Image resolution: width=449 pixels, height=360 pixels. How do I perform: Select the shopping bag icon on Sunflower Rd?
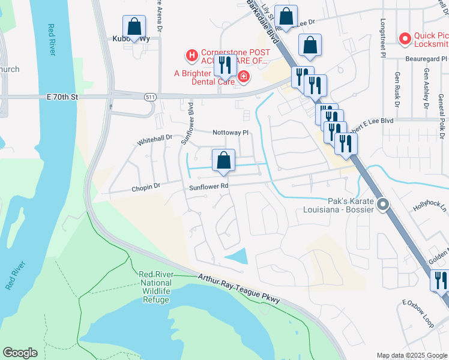(223, 161)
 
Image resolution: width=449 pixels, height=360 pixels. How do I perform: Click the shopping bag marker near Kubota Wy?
(134, 27)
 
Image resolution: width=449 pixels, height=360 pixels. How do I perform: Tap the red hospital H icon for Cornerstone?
(191, 56)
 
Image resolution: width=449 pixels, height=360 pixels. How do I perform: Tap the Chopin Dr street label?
(146, 187)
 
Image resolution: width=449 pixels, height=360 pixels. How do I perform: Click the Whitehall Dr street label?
(155, 139)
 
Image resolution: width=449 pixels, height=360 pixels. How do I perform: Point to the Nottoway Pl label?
(230, 132)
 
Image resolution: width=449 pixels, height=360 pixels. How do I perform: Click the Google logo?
(20, 353)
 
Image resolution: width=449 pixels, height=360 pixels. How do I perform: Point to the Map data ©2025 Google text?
(411, 355)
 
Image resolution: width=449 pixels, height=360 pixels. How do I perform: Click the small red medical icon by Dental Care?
(243, 76)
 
